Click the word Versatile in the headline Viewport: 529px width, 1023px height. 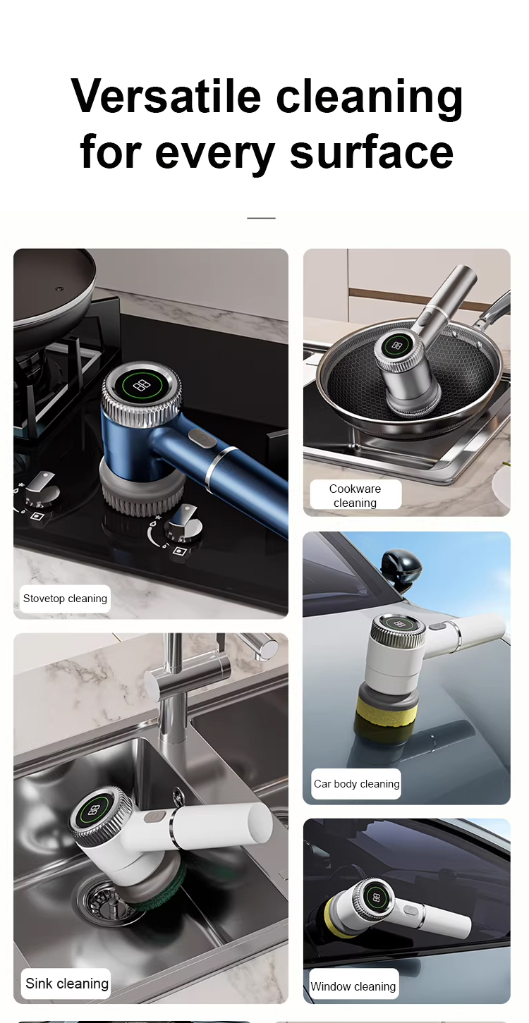166,96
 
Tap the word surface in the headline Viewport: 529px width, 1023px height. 372,151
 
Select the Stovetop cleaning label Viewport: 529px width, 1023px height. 65,599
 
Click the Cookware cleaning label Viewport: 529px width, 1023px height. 355,495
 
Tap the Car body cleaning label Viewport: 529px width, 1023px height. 356,784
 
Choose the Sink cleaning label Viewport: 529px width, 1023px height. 67,983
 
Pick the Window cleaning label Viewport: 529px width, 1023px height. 353,986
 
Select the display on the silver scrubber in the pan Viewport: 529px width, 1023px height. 396,345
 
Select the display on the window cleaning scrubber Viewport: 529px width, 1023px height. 377,898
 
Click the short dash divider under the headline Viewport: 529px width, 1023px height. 261,219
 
